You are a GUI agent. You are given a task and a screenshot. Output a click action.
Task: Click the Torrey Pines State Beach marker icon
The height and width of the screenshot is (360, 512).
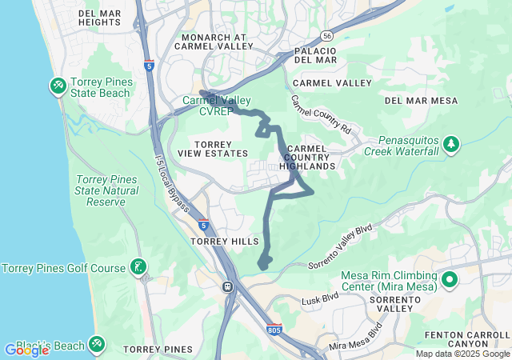tap(58, 85)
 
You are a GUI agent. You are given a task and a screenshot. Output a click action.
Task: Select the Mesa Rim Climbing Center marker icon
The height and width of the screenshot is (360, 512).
tap(449, 281)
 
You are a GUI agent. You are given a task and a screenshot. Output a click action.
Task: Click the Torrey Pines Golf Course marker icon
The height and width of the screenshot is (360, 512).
tap(139, 267)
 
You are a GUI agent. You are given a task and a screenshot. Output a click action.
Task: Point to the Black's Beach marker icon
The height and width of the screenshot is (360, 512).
tap(97, 345)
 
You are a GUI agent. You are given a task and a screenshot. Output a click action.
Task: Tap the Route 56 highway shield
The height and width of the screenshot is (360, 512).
tap(326, 36)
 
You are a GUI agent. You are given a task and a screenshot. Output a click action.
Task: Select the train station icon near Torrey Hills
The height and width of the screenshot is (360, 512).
tap(228, 286)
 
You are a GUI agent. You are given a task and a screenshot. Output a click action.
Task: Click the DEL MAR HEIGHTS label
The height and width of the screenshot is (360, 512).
tap(100, 17)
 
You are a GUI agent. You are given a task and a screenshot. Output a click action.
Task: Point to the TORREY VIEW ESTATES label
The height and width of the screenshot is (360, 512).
tap(205, 147)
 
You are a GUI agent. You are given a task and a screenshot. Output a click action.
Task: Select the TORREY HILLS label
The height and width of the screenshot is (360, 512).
tap(224, 241)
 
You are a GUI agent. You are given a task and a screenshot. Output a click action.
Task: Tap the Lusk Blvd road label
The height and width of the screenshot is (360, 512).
tap(321, 300)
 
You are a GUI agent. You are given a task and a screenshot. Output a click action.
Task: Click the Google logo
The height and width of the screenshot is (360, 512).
tap(26, 350)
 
